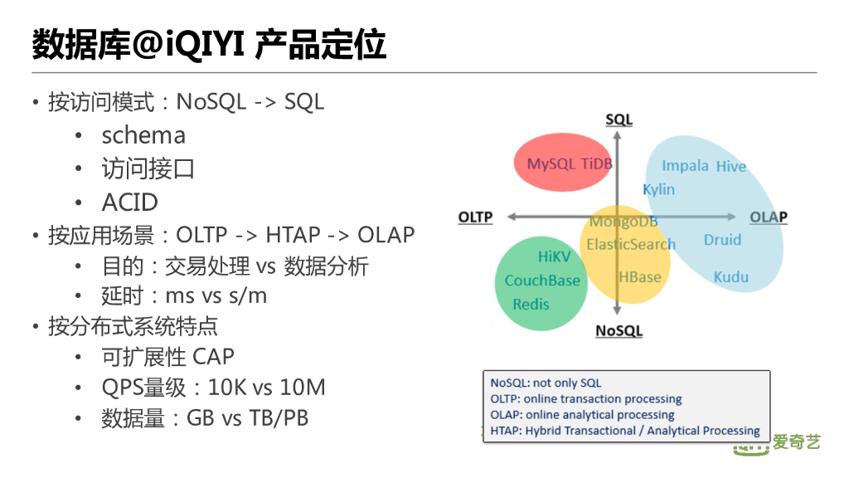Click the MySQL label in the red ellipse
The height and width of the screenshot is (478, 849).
[551, 163]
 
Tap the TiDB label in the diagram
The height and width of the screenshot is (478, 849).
[596, 163]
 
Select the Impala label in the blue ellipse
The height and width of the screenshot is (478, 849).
[685, 165]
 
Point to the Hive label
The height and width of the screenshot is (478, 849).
[731, 166]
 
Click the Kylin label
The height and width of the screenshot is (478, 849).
[659, 189]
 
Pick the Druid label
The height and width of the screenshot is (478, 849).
[722, 240]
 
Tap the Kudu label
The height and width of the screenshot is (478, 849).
[731, 277]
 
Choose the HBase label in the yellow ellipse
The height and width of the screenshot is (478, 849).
[640, 276]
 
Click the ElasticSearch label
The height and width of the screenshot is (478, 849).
[631, 244]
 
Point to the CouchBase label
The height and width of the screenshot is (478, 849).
[542, 280]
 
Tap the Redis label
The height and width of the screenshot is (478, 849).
[531, 305]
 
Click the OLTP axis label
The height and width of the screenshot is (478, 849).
[475, 217]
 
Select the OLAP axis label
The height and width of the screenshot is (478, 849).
[769, 217]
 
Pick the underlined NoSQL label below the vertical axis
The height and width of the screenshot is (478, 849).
[619, 331]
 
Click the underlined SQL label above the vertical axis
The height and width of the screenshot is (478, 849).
[619, 119]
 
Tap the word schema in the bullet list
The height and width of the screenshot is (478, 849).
[143, 135]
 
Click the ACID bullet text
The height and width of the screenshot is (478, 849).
[129, 202]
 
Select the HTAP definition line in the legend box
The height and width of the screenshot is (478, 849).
[625, 431]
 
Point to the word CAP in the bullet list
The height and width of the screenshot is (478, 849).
[214, 357]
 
